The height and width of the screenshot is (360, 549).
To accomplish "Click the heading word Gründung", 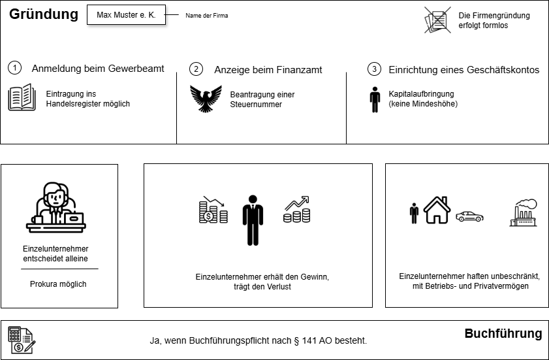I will pyautogui.click(x=43, y=14).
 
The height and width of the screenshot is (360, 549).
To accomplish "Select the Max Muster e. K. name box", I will pyautogui.click(x=126, y=14).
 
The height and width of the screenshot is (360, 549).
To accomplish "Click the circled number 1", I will pyautogui.click(x=16, y=69).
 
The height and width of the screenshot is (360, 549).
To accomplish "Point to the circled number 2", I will pyautogui.click(x=196, y=69).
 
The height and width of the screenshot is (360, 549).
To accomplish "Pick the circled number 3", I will pyautogui.click(x=373, y=69).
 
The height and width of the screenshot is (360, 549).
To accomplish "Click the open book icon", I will pyautogui.click(x=22, y=97).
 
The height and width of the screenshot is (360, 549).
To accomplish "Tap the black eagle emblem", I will pyautogui.click(x=206, y=99).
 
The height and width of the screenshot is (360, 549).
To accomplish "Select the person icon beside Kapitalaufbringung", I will pyautogui.click(x=375, y=99).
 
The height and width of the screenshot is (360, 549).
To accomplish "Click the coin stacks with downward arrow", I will pyautogui.click(x=213, y=210).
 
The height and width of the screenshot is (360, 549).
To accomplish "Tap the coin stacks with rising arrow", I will pyautogui.click(x=296, y=210).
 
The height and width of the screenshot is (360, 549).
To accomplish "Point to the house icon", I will pyautogui.click(x=437, y=210).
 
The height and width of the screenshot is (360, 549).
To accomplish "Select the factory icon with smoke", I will pyautogui.click(x=523, y=212).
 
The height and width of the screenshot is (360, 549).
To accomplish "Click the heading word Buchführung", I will pyautogui.click(x=503, y=334).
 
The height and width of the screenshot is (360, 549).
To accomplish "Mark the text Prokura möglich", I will pyautogui.click(x=58, y=284).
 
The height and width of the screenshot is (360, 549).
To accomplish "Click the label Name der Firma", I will pyautogui.click(x=207, y=15).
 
